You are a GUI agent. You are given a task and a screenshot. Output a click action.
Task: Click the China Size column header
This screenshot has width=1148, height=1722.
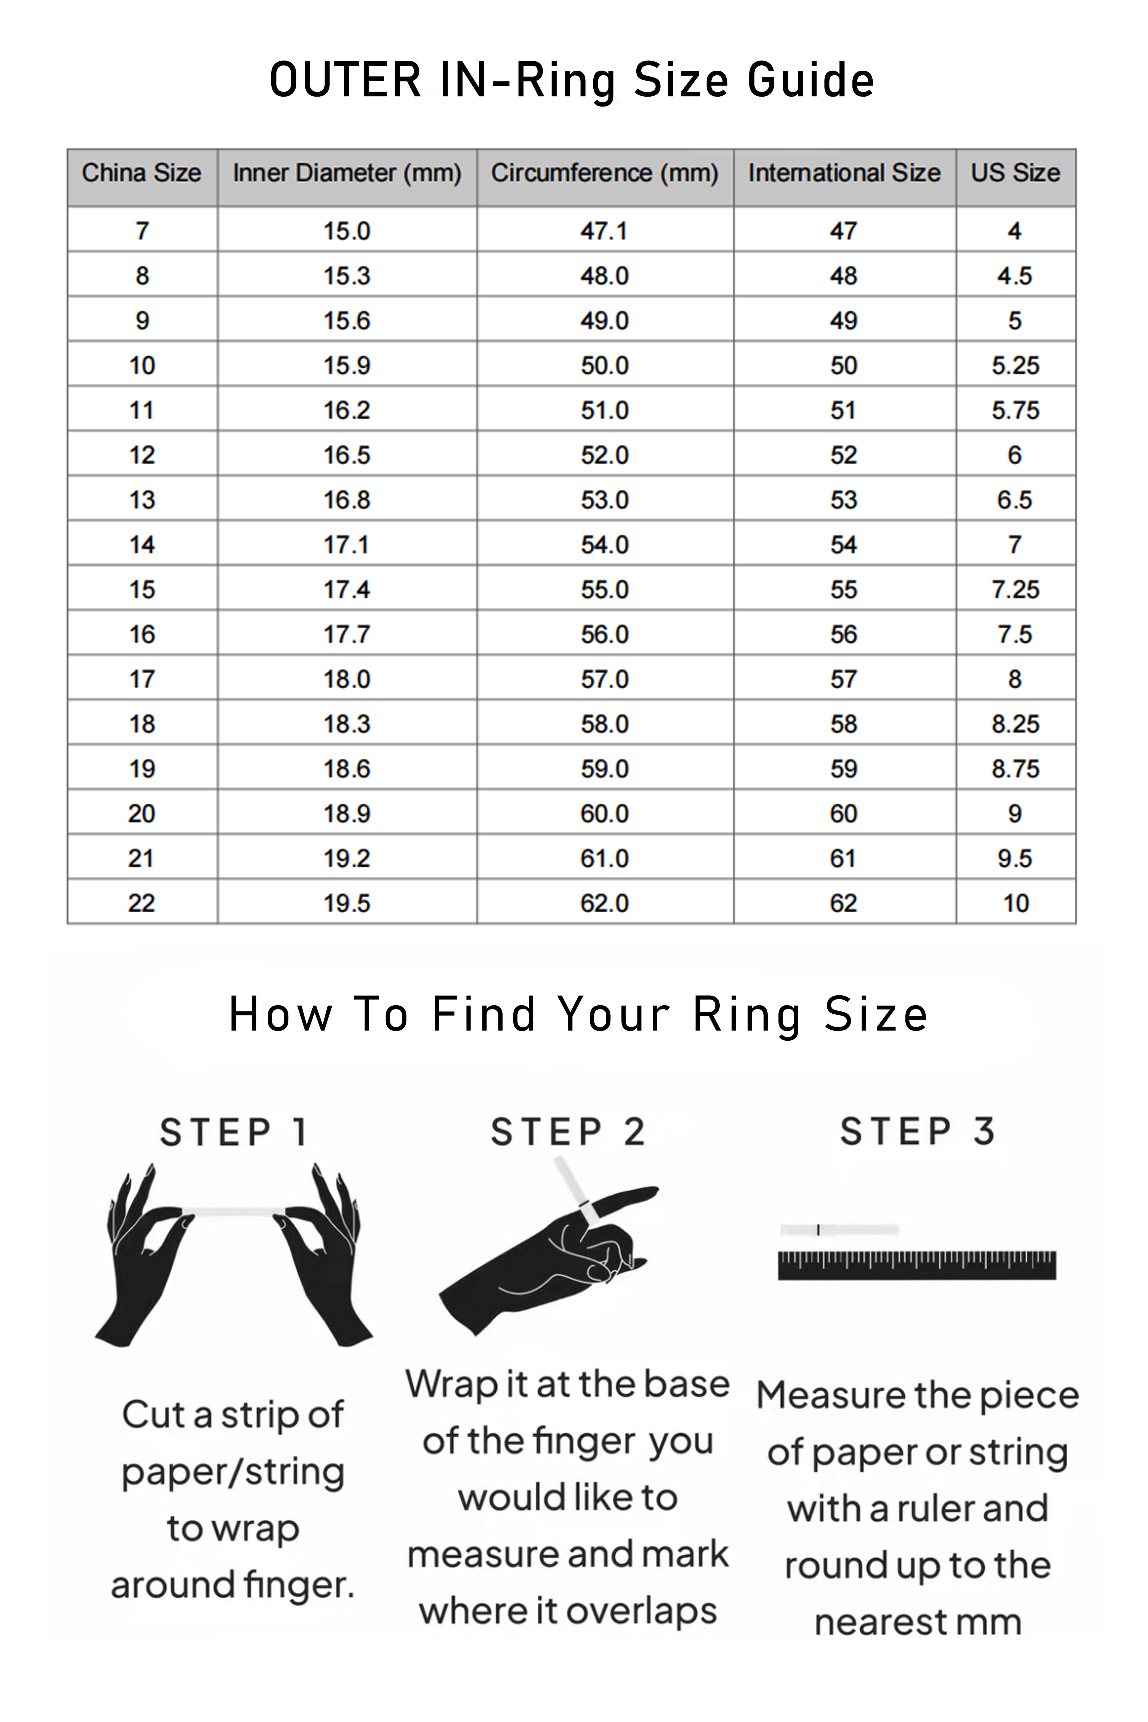tap(141, 173)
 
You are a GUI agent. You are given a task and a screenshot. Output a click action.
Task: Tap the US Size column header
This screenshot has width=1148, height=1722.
tap(1016, 173)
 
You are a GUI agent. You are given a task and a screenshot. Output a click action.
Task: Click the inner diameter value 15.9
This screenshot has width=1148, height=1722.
tap(347, 365)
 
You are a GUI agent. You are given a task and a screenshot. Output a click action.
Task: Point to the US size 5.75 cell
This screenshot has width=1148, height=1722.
tap(1016, 410)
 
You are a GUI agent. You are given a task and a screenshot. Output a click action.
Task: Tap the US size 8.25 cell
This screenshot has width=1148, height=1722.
tap(1016, 724)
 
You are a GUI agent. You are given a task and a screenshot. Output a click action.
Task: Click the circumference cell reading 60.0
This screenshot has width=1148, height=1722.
tap(605, 814)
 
